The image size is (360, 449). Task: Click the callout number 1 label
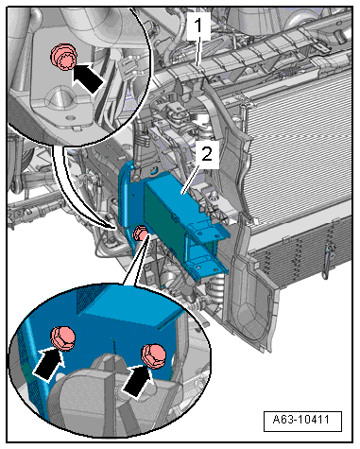[198, 26]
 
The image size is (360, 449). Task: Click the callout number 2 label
[207, 155]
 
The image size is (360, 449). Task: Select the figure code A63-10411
[301, 420]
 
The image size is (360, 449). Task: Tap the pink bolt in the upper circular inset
[62, 57]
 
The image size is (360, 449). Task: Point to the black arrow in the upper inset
[87, 78]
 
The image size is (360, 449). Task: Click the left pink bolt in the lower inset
[63, 338]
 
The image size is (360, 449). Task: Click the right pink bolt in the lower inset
[153, 355]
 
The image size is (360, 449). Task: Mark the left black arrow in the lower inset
[49, 363]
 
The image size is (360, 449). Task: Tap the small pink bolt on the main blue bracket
[140, 233]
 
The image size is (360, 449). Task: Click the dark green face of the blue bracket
[164, 216]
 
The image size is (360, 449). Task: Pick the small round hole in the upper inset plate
[71, 118]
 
